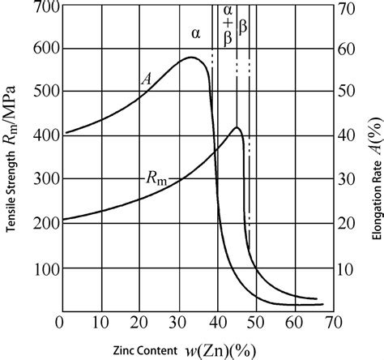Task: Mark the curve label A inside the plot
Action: [x=147, y=79]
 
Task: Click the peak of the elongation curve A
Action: [x=191, y=58]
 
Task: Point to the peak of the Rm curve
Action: [x=237, y=128]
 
